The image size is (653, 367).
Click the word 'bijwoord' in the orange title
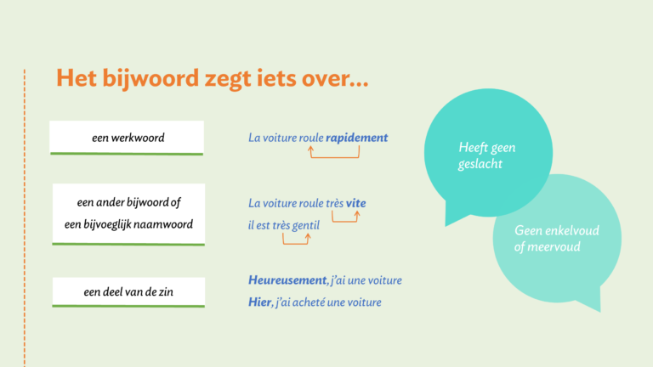(150, 78)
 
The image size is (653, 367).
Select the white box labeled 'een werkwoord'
(127, 138)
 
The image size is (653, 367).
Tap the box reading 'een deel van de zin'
(128, 291)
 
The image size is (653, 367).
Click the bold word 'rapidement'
(356, 138)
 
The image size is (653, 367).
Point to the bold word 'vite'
(355, 203)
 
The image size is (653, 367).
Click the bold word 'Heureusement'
(287, 280)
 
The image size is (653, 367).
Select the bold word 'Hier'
(259, 302)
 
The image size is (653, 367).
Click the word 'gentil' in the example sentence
(306, 225)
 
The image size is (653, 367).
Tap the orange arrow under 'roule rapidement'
(334, 157)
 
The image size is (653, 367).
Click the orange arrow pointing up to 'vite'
(345, 222)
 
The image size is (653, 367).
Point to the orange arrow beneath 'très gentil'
(296, 243)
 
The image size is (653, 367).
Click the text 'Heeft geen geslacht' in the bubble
(486, 155)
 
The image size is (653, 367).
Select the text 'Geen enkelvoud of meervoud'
(556, 239)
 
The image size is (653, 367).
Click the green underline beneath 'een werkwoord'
(127, 154)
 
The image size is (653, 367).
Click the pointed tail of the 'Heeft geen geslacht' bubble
(446, 225)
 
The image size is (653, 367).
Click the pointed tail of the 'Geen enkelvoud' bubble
(599, 311)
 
